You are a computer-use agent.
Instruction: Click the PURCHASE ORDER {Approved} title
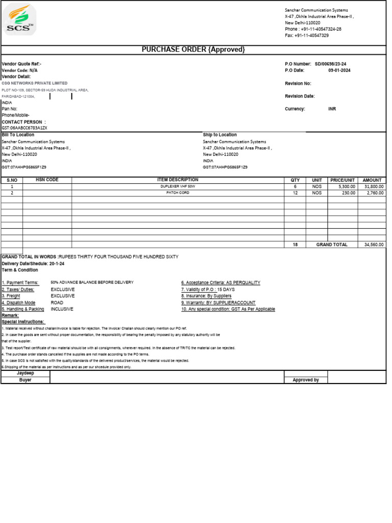point(193,50)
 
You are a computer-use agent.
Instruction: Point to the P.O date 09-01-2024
point(339,70)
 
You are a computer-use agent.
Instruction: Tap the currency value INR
point(332,109)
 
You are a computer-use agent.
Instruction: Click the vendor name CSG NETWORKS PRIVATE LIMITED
point(34,83)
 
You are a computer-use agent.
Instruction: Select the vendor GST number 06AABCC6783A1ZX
point(24,128)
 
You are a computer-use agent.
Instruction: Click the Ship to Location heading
point(220,135)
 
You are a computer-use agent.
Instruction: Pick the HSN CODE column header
point(47,180)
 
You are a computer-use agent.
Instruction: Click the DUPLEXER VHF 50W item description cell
point(178,187)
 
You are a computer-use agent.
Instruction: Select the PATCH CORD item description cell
point(178,193)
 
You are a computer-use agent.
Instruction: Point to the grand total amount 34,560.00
point(374,245)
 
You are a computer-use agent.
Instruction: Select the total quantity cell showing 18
point(295,245)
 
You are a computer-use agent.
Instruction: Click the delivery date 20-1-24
point(57,263)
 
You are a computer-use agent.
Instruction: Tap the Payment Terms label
point(20,282)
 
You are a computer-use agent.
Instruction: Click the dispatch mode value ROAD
point(57,302)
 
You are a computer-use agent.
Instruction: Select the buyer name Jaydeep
point(26,373)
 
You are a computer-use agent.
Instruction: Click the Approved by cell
point(305,380)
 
